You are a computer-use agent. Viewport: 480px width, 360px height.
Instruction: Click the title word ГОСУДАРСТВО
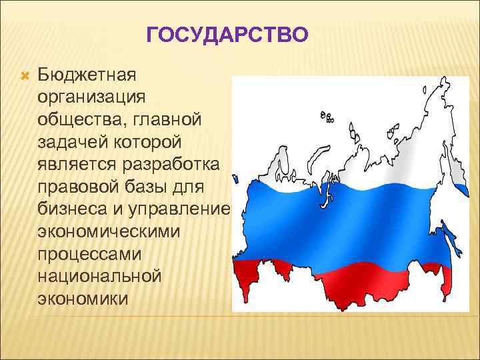(227, 34)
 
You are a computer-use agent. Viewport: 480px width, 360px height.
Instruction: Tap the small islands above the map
(327, 117)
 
